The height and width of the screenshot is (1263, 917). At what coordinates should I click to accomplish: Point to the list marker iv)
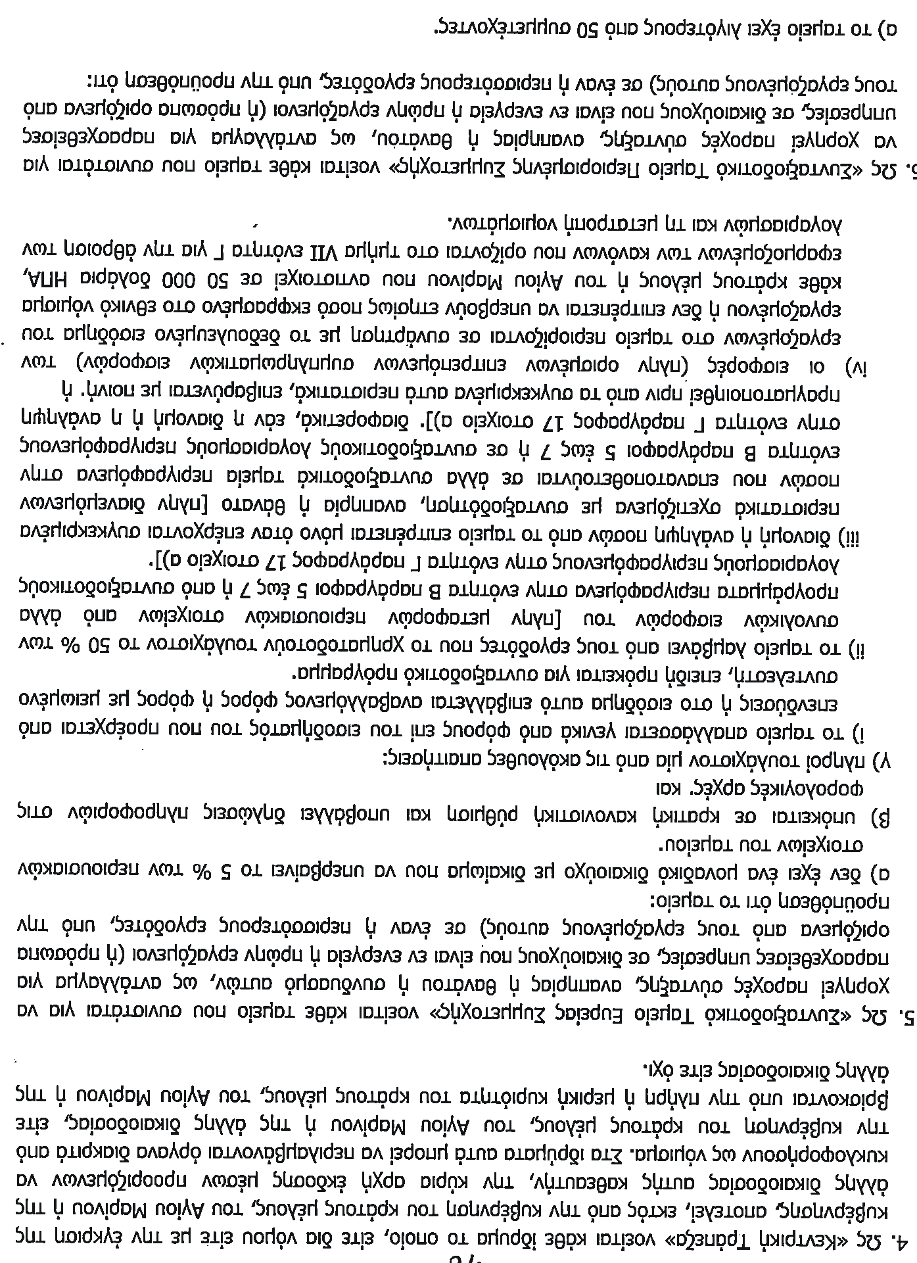[901, 363]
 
